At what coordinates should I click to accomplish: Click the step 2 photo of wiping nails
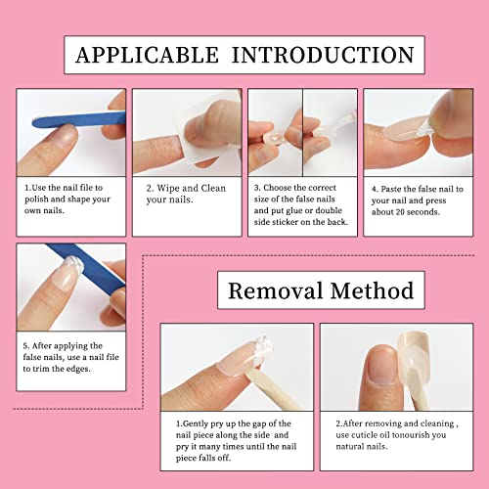pyautogui.click(x=187, y=130)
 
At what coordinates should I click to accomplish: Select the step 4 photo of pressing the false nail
pyautogui.click(x=418, y=130)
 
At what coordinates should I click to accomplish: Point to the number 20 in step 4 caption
pyautogui.click(x=401, y=217)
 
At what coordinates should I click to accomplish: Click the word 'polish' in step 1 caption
pyautogui.click(x=41, y=198)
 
